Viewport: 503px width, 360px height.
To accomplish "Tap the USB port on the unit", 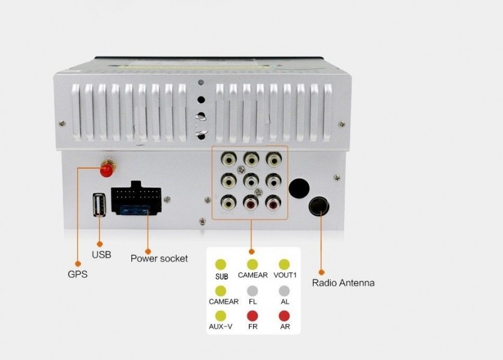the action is point(100,205).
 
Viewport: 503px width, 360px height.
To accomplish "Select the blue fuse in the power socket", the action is point(134,211).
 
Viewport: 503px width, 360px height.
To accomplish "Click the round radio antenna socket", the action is point(319,206).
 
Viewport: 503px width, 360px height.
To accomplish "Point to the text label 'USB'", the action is point(101,254).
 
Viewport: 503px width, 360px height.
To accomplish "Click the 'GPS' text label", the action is point(77,274).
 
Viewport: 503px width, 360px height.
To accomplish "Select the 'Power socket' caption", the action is point(159,259).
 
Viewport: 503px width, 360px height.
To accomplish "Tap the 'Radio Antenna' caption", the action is point(344,283).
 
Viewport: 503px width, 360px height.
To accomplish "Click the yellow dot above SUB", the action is point(221,264).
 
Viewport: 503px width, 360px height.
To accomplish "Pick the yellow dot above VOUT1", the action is point(284,264).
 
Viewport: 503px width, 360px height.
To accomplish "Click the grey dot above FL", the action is point(252,291).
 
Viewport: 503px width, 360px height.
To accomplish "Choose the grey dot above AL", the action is point(284,291).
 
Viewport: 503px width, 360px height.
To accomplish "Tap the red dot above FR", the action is point(252,316).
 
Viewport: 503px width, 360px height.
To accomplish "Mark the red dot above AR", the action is point(284,316).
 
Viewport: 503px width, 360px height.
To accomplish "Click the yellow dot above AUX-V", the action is point(221,316).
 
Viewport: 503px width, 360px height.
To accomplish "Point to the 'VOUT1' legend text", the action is point(285,275).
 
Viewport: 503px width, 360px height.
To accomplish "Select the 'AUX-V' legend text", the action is point(221,326).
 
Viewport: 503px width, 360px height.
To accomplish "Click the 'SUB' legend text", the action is point(222,276).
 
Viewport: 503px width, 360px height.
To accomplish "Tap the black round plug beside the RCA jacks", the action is point(299,188).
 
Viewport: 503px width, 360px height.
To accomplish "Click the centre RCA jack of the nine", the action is point(251,181).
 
